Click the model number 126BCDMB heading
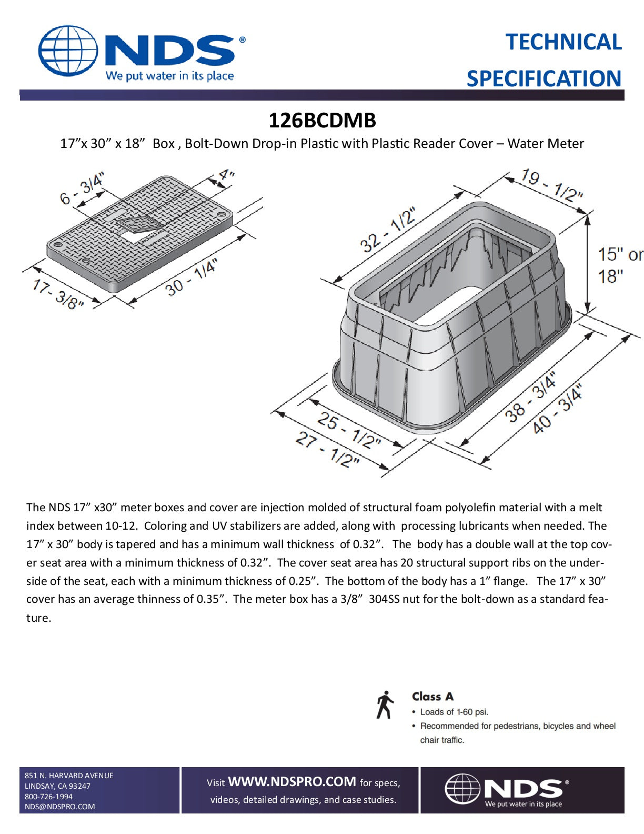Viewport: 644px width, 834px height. (322, 121)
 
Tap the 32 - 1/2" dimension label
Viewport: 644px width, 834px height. (387, 230)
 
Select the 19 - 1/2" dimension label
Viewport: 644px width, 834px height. (551, 185)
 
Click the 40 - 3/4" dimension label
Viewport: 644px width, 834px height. (557, 410)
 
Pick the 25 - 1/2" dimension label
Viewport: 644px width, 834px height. (348, 431)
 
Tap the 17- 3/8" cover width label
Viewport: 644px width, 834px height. (58, 294)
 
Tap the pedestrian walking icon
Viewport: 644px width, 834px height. (385, 704)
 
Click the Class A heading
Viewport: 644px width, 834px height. (432, 697)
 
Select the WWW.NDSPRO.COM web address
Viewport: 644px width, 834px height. (291, 782)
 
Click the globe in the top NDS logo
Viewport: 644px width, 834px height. (67, 51)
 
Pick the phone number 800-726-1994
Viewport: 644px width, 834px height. (48, 796)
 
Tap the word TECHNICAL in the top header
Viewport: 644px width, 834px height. (563, 42)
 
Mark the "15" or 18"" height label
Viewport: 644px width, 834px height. (619, 265)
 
